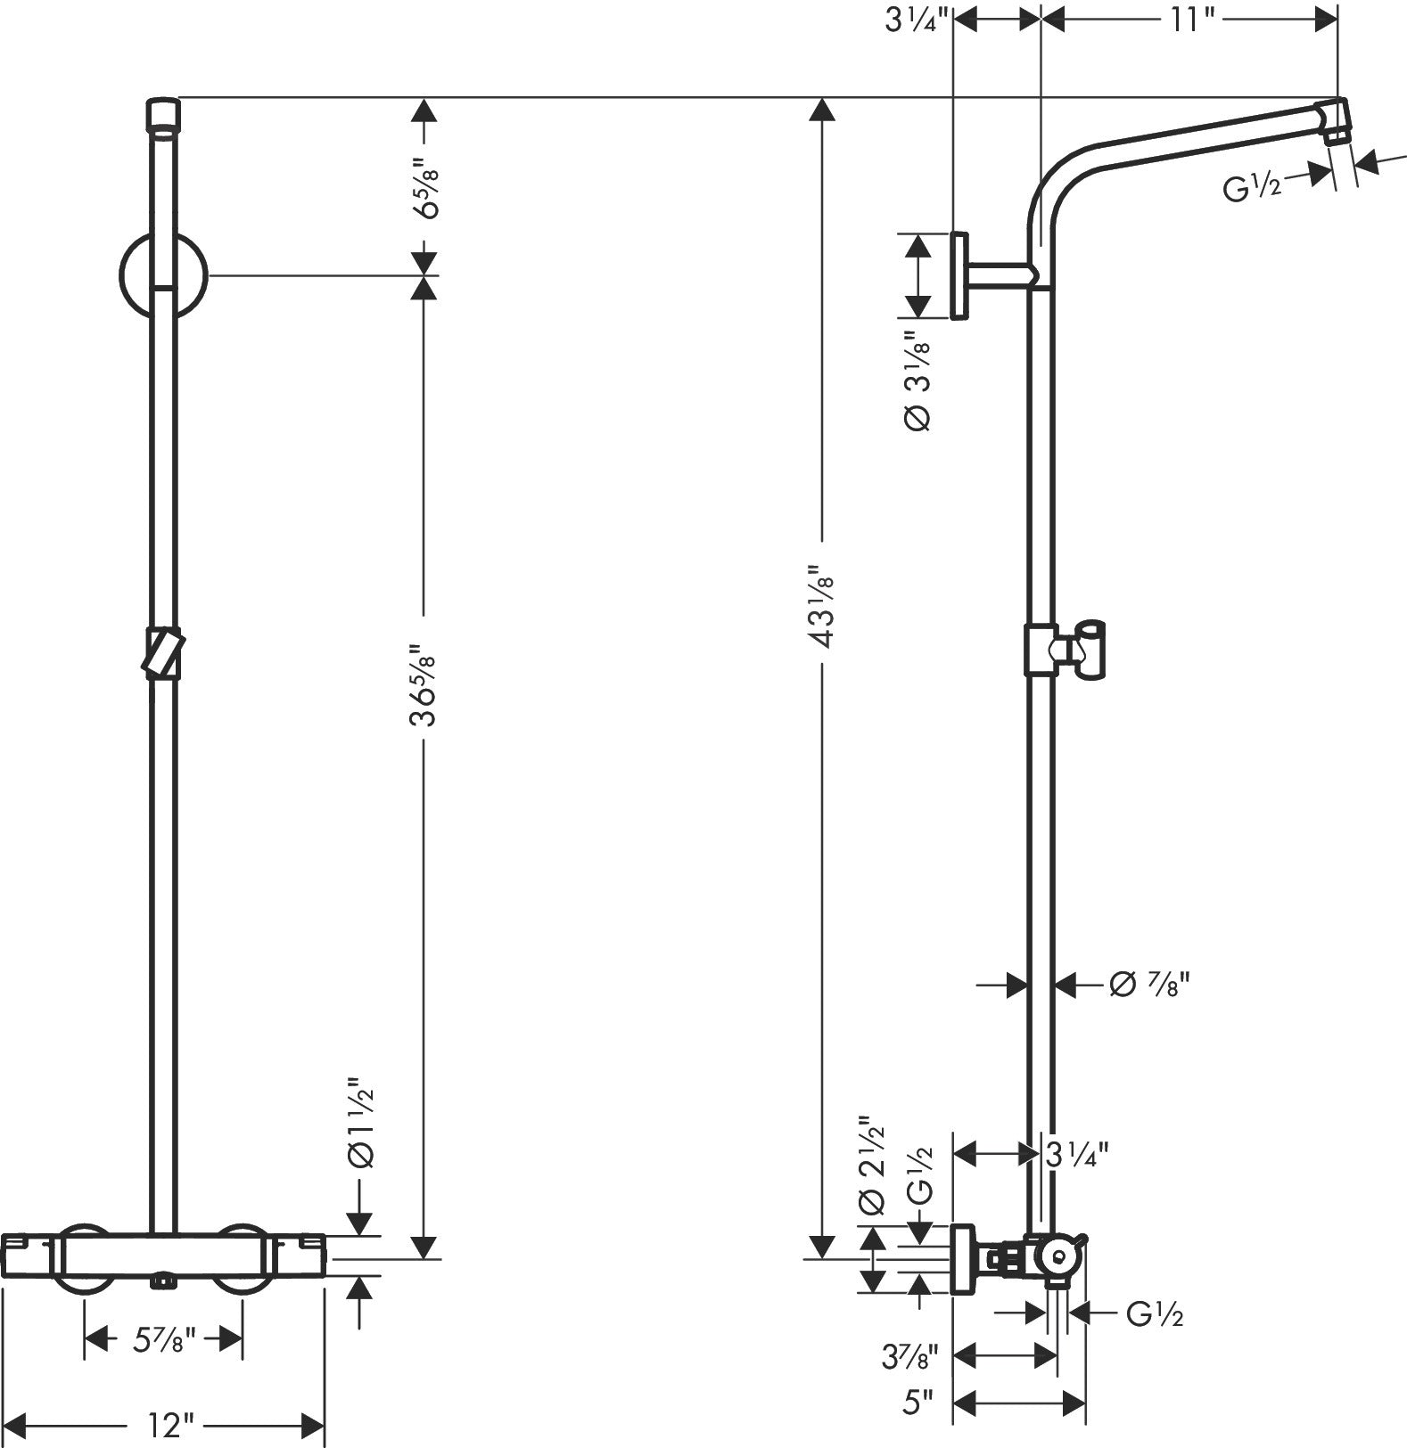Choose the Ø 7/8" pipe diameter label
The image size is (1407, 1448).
(x=1150, y=984)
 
